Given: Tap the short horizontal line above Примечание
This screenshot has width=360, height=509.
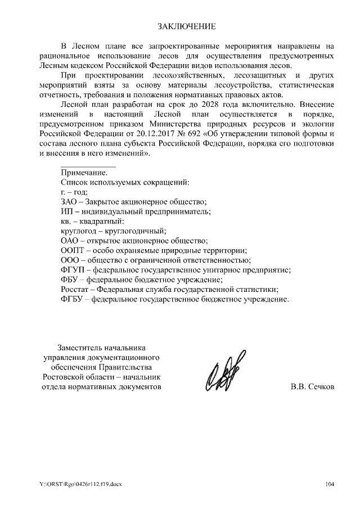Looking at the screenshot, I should click(x=88, y=167).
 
